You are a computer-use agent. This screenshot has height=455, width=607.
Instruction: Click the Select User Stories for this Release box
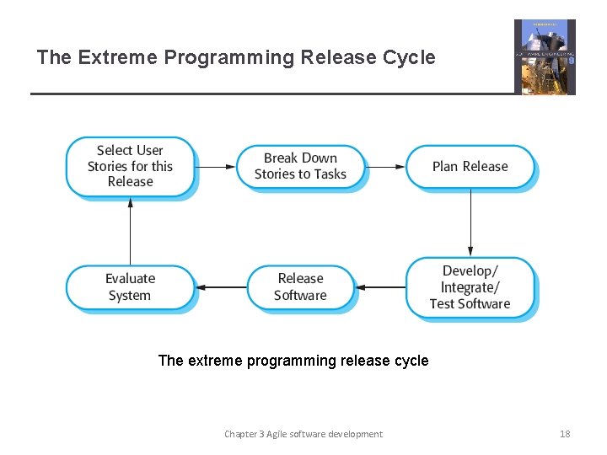[x=130, y=167]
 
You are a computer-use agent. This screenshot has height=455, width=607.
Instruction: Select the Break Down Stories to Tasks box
[x=300, y=167]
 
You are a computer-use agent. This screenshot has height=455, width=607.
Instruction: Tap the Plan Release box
[x=470, y=167]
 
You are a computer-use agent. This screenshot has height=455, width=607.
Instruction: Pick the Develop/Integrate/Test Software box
[x=470, y=287]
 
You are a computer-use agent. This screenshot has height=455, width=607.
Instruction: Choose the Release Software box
[x=300, y=287]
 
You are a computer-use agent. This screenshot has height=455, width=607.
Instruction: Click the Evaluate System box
[x=130, y=287]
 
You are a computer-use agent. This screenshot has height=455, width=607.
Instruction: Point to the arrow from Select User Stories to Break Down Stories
[x=215, y=167]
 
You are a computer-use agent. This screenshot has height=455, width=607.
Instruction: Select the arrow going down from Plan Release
[x=470, y=222]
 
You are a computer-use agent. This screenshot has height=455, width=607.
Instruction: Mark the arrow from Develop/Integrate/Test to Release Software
[x=385, y=287]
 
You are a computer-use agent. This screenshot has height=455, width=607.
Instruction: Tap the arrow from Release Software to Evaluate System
[x=220, y=287]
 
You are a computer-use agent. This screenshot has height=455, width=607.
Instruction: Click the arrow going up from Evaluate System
[x=130, y=232]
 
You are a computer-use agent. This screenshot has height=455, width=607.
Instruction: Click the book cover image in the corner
[x=545, y=57]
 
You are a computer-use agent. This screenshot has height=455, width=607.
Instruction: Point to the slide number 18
[x=565, y=434]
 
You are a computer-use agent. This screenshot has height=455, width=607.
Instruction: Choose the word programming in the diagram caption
[x=292, y=361]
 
